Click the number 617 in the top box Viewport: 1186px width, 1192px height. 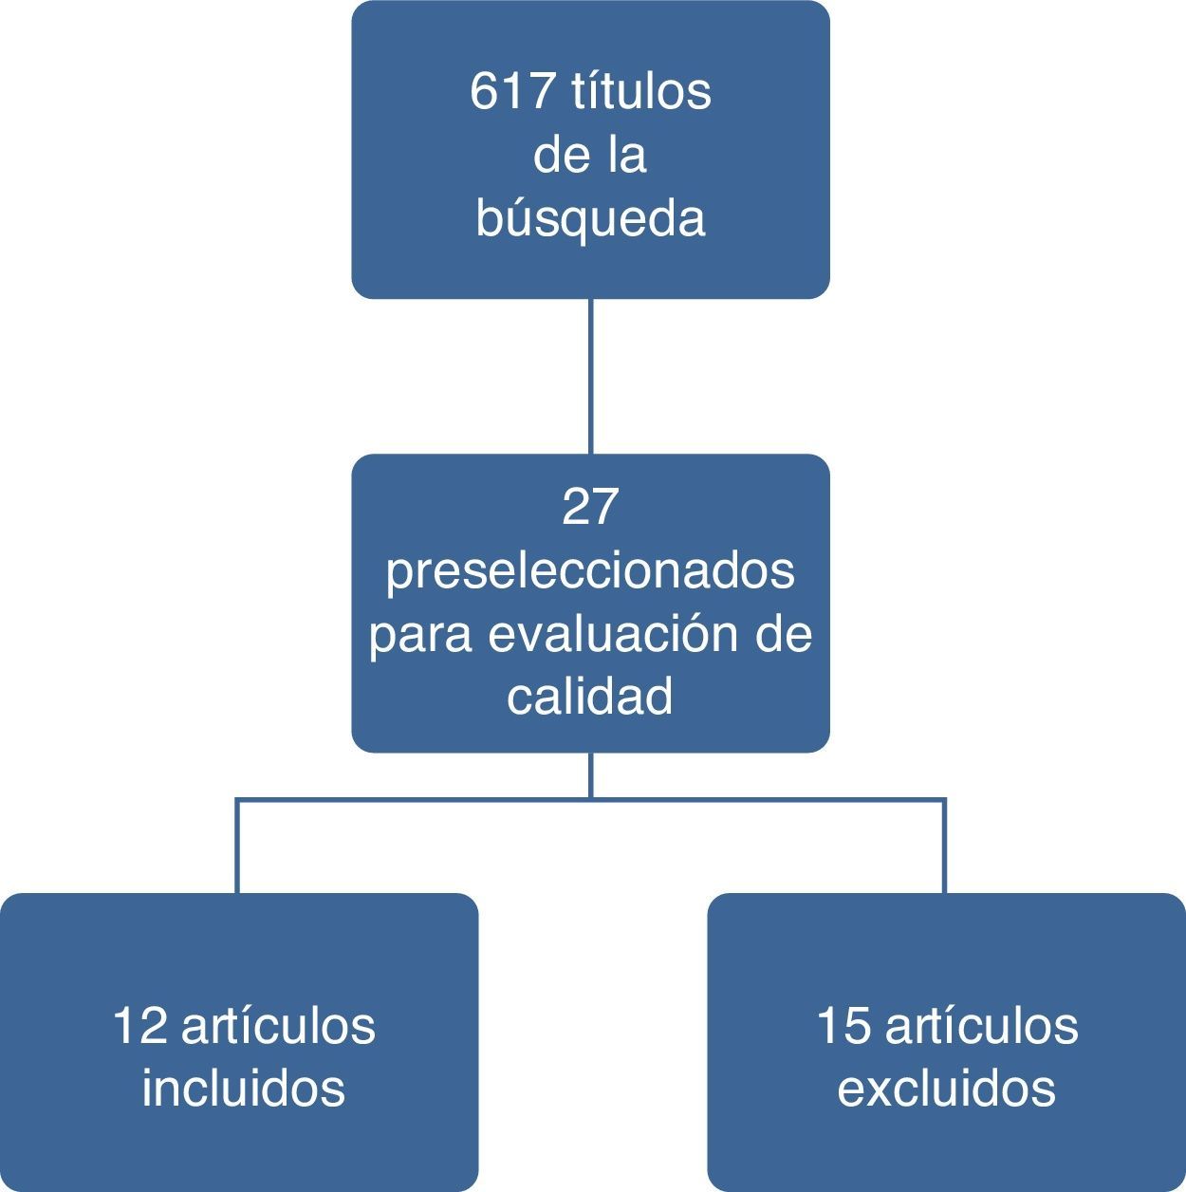(x=512, y=93)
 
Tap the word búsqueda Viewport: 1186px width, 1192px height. (x=590, y=218)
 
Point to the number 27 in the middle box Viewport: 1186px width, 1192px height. (x=590, y=507)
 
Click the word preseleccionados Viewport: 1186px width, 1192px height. (x=590, y=572)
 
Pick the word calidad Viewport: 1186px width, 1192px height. (x=590, y=698)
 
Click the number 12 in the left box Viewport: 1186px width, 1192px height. (x=139, y=1027)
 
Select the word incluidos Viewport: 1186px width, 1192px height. (x=243, y=1088)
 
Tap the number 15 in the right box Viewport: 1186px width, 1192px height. (x=843, y=1027)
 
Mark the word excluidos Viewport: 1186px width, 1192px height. (x=946, y=1088)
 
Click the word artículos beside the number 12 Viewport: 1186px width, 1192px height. (x=278, y=1027)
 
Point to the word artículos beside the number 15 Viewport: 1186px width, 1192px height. (x=981, y=1027)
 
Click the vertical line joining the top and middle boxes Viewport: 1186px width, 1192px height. (x=591, y=377)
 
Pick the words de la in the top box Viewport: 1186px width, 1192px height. (x=590, y=156)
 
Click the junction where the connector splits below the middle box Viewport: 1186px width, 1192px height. (x=591, y=800)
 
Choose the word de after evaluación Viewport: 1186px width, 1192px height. (x=784, y=634)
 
